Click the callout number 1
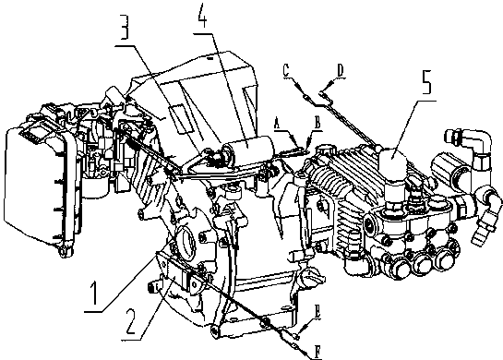(x=94, y=293)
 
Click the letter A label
(x=278, y=123)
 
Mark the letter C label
(x=286, y=70)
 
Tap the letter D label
(x=341, y=70)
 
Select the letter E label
(x=317, y=312)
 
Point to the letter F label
(x=317, y=352)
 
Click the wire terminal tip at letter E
(x=297, y=337)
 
